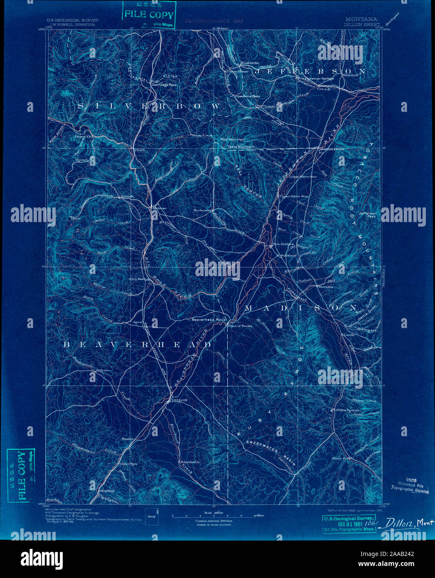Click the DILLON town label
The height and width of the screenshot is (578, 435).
179,400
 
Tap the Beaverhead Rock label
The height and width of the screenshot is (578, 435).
208,320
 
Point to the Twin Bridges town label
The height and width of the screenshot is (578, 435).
283,244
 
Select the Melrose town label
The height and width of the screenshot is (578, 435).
159,208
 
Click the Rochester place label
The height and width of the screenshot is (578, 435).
203,210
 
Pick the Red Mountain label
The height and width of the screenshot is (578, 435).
233,140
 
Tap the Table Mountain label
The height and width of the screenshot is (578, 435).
241,147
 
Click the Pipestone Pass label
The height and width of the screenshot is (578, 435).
247,96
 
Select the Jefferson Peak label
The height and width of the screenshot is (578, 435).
367,215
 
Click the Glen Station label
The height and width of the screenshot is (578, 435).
139,279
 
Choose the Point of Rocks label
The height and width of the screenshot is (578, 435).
240,326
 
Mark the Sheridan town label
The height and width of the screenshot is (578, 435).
326,287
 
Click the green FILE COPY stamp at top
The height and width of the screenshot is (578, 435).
148,15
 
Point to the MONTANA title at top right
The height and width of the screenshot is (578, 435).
361,19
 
